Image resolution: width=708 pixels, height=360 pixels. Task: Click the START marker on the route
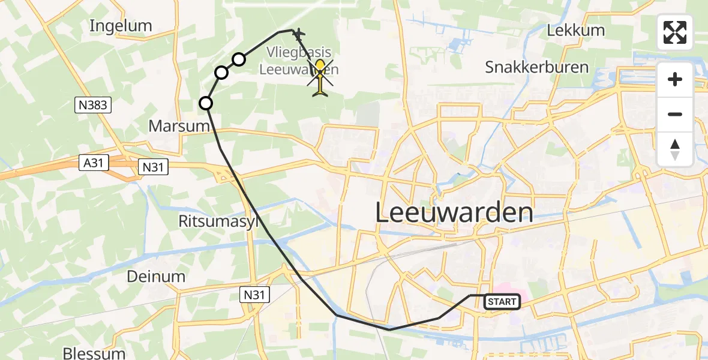point(502,302)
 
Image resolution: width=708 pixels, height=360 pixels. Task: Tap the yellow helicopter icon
point(321,77)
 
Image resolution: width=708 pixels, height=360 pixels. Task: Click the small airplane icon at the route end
point(298,34)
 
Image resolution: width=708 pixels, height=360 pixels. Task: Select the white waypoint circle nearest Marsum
point(206,103)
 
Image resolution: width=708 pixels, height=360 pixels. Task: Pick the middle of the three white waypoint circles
point(221,73)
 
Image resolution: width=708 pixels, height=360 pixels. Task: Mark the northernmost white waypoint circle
point(239,59)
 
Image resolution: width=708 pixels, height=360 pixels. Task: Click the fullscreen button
point(675,32)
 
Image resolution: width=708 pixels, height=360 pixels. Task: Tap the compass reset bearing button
point(675,149)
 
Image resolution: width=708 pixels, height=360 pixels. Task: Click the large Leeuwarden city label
point(454,213)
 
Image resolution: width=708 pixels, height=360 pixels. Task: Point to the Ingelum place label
point(121,26)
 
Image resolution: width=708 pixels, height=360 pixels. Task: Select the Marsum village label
point(179,127)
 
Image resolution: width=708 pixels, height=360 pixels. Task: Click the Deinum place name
point(156,277)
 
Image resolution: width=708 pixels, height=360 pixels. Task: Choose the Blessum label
point(94,353)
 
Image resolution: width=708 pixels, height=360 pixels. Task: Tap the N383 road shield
point(92,106)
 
